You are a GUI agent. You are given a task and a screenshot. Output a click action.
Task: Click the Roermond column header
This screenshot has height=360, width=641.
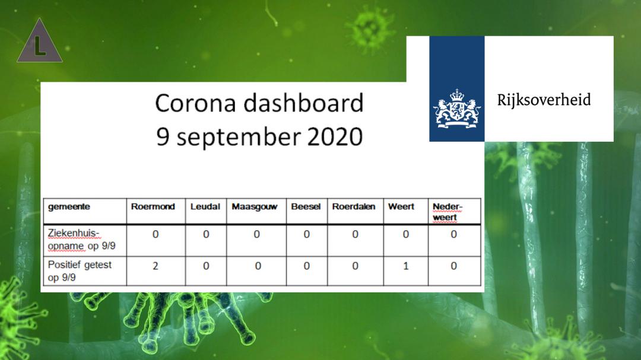click(x=153, y=207)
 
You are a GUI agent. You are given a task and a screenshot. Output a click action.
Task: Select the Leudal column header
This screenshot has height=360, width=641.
click(x=205, y=207)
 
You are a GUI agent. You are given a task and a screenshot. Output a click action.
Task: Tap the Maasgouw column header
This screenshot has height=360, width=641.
click(x=254, y=207)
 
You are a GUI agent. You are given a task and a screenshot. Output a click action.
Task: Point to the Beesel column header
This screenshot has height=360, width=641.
click(x=306, y=207)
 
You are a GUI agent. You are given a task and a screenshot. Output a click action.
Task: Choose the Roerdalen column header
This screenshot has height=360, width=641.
click(x=354, y=207)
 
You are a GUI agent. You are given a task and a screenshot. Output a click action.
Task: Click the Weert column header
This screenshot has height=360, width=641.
click(x=401, y=207)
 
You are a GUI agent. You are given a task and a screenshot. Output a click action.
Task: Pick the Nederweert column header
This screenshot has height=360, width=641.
click(x=448, y=212)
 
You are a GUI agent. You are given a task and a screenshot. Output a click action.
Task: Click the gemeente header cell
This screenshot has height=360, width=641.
click(x=69, y=207)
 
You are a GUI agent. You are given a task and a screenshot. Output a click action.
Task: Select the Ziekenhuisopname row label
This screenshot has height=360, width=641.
click(x=81, y=240)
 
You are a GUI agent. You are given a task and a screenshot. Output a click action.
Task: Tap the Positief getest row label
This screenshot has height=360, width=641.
click(x=80, y=271)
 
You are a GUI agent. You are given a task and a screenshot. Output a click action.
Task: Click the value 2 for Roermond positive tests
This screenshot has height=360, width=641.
click(x=156, y=266)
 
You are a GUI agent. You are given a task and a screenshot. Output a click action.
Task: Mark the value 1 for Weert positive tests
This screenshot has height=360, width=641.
click(x=406, y=266)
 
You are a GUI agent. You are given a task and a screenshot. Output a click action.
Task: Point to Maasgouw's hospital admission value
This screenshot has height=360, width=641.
click(x=257, y=234)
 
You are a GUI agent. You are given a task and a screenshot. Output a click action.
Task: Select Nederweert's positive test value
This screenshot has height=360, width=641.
click(x=454, y=266)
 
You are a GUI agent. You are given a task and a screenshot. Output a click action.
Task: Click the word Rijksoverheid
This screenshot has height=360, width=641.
click(x=544, y=100)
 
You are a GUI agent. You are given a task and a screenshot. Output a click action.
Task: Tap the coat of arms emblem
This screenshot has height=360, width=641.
click(x=457, y=109)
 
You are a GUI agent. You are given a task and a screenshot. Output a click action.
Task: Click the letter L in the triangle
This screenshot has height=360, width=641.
click(x=39, y=46)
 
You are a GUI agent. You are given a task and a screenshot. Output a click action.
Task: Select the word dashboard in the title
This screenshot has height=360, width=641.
click(x=304, y=103)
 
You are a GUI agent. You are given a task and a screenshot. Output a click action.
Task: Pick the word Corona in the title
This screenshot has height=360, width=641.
click(x=196, y=103)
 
